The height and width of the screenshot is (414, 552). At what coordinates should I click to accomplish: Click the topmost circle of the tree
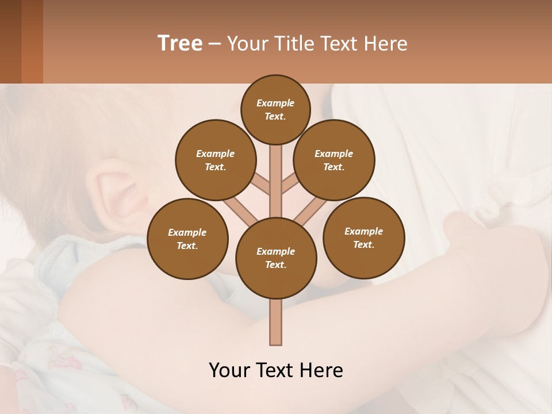tap(275, 109)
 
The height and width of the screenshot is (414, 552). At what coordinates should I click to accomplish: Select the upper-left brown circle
tap(216, 160)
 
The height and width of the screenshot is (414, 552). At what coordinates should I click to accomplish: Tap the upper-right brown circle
tap(334, 160)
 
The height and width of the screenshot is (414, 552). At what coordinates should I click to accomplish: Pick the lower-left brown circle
tap(187, 239)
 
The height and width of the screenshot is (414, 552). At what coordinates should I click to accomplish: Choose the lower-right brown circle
tap(364, 237)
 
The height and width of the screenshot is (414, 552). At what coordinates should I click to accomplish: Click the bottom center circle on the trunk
tap(276, 258)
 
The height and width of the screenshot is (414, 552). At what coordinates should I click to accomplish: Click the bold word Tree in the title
tap(180, 43)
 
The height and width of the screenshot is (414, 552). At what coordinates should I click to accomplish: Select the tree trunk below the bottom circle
tap(275, 322)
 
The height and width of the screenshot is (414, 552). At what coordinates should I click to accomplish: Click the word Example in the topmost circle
tap(275, 103)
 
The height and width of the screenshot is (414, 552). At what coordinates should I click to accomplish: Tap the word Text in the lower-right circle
tap(363, 244)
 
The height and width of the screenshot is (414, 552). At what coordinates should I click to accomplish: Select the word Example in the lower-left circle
tap(187, 232)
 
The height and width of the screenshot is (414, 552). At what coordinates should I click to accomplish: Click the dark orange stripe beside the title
tap(32, 41)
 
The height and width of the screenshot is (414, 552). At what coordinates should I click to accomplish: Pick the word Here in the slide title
tap(386, 43)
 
